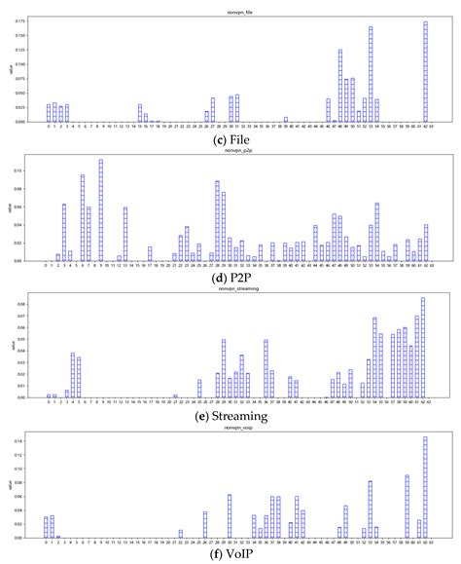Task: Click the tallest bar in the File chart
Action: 425,72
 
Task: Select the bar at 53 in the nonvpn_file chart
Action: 371,74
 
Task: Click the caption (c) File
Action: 230,137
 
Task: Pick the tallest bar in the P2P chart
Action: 100,210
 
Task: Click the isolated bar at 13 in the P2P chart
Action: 125,234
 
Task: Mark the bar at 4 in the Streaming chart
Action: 72,375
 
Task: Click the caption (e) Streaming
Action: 230,415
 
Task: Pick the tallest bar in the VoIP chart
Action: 425,487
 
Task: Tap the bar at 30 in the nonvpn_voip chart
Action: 230,516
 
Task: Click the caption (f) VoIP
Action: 230,555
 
